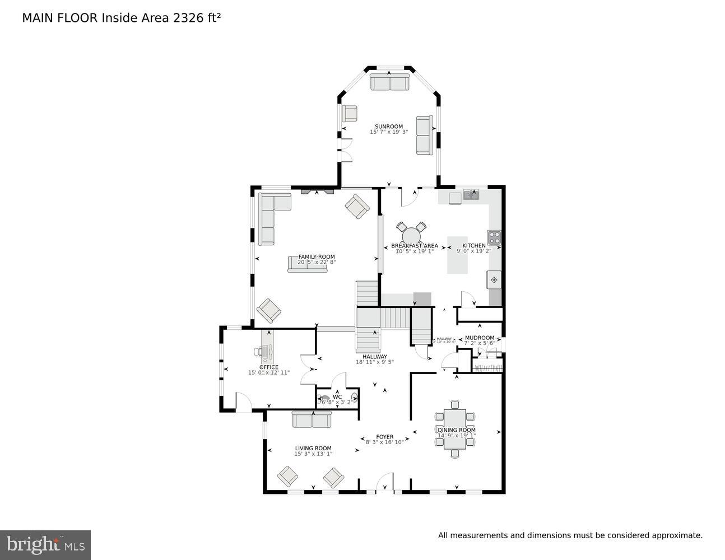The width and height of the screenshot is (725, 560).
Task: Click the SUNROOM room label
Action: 389,127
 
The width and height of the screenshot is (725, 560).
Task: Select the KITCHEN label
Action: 474,246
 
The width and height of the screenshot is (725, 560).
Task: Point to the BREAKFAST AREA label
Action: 415,246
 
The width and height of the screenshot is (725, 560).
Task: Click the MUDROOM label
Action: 480,338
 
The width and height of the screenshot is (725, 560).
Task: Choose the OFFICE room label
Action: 269,367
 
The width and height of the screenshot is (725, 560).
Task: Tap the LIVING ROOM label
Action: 313,448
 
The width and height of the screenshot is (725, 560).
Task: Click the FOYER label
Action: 384,437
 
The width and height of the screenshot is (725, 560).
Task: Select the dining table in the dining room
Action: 455,429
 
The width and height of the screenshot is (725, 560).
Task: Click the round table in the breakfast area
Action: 412,234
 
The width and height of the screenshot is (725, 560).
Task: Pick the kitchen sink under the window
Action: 471,194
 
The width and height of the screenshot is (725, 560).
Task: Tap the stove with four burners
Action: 494,237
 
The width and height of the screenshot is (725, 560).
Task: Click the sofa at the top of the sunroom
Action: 389,83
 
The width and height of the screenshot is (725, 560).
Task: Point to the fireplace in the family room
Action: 317,191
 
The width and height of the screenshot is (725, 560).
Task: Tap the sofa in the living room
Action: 312,419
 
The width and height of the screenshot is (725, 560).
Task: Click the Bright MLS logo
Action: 45,544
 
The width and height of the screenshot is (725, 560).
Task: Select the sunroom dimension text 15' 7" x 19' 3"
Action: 389,132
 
